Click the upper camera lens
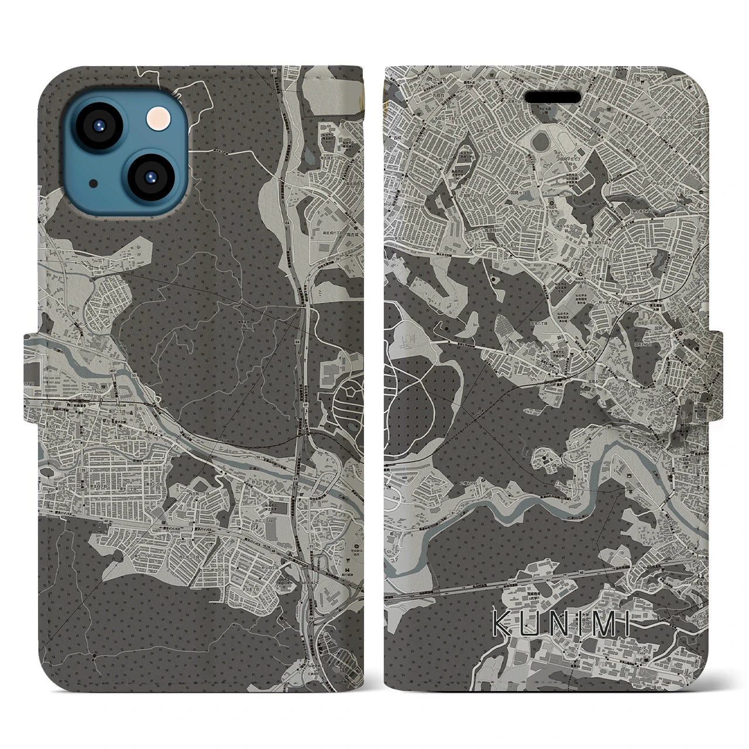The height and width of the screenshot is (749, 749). (x=99, y=127)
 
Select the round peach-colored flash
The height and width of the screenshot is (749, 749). (x=157, y=120)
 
